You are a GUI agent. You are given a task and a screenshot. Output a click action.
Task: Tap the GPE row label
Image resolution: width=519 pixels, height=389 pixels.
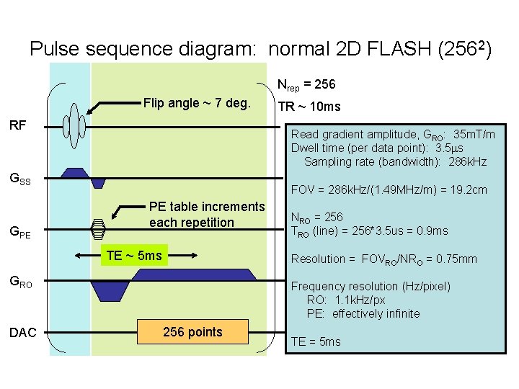(19, 232)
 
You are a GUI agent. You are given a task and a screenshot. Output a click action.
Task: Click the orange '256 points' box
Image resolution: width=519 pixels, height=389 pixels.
(192, 332)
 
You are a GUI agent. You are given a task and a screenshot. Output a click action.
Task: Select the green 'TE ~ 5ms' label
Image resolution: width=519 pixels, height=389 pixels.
(133, 256)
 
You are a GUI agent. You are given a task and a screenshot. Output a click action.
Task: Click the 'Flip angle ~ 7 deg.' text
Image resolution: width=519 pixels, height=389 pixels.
(197, 103)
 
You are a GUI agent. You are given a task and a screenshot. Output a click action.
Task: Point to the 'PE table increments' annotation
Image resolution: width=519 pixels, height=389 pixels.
(207, 215)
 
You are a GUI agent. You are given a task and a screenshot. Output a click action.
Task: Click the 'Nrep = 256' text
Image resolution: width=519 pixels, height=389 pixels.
(306, 85)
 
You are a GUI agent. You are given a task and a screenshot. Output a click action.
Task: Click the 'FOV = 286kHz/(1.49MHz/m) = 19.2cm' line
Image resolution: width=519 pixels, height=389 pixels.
(389, 191)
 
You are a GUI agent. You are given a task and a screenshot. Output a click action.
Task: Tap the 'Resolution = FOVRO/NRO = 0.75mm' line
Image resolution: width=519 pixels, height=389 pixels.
(384, 259)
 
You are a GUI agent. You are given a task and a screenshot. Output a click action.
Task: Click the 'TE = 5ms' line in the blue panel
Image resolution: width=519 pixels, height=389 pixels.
(315, 341)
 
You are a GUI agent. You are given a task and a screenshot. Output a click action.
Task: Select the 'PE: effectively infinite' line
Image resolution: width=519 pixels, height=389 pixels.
(363, 313)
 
